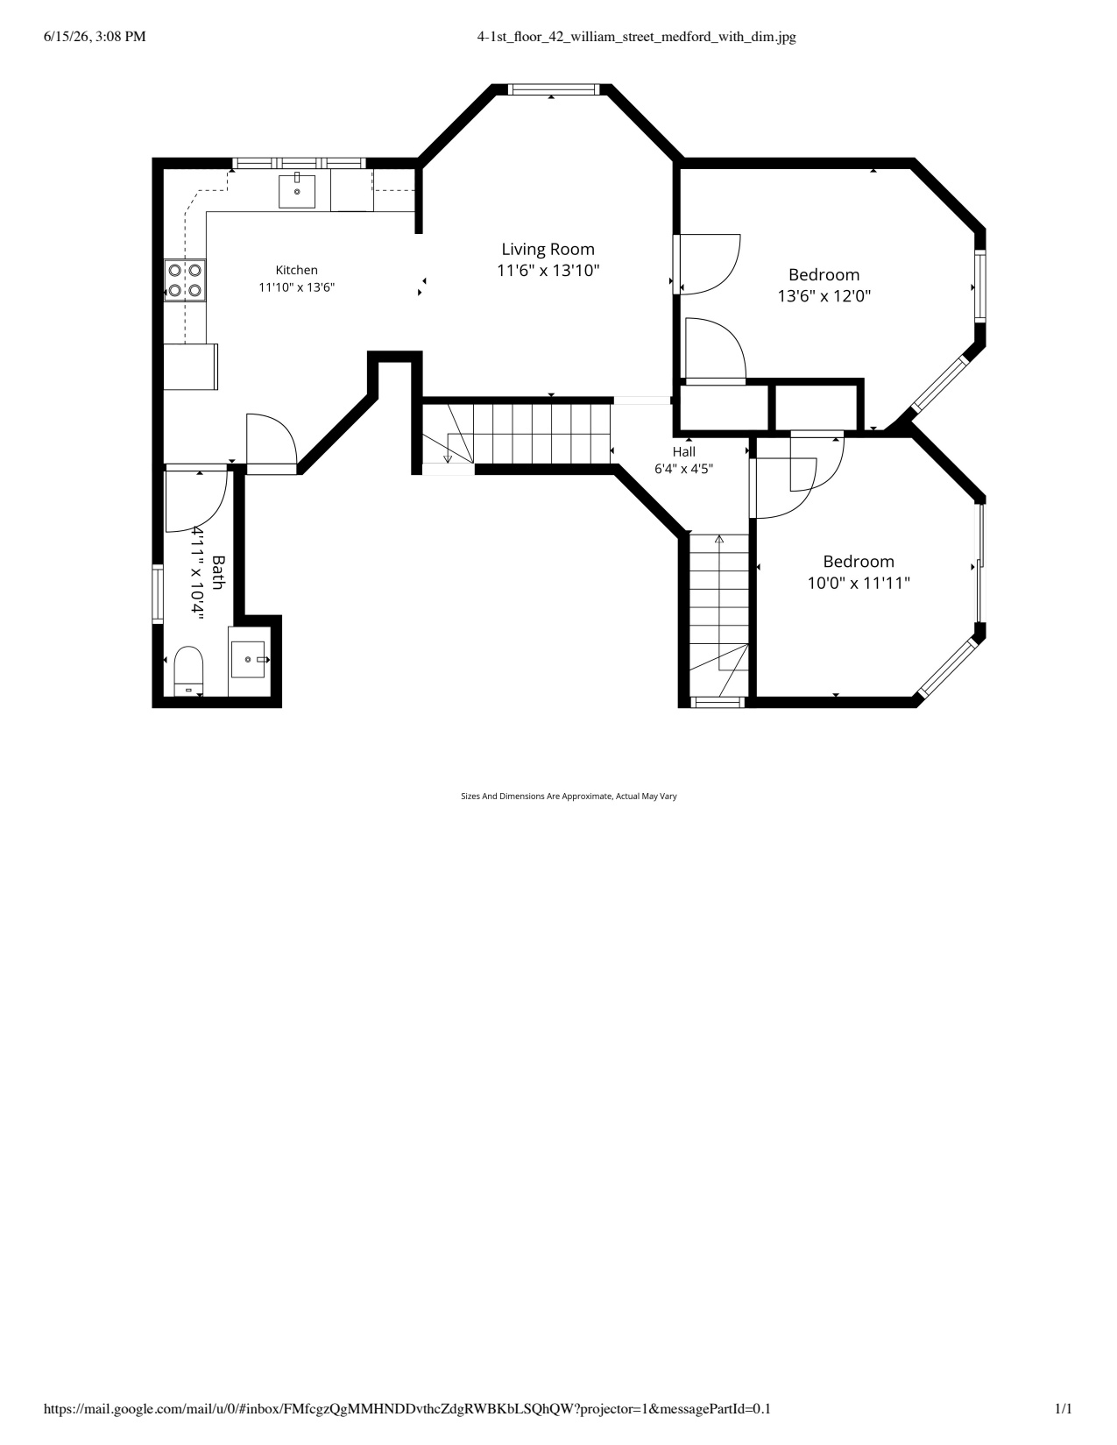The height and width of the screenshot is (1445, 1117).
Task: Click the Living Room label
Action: coord(548,250)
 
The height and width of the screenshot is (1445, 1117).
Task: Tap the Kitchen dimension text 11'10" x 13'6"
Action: coord(296,287)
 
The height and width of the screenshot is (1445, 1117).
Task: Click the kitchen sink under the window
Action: coord(296,190)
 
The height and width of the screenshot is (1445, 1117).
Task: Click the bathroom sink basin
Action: coord(247,659)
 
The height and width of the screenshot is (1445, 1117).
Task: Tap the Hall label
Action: coord(683,451)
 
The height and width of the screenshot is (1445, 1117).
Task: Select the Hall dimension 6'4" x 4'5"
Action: coord(683,469)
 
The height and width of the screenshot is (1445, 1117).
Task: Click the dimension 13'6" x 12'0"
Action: coord(824,296)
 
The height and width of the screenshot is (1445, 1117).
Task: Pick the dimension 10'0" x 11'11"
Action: coord(859,584)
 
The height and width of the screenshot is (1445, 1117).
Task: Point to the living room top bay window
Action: coord(554,89)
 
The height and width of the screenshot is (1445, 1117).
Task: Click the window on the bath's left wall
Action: coord(158,594)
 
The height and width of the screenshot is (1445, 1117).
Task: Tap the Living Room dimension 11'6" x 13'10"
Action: coord(548,271)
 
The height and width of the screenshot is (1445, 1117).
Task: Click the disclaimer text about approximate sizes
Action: coord(569,796)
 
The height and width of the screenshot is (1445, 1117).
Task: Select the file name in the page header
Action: coord(637,37)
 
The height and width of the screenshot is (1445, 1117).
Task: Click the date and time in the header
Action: coord(95,37)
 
